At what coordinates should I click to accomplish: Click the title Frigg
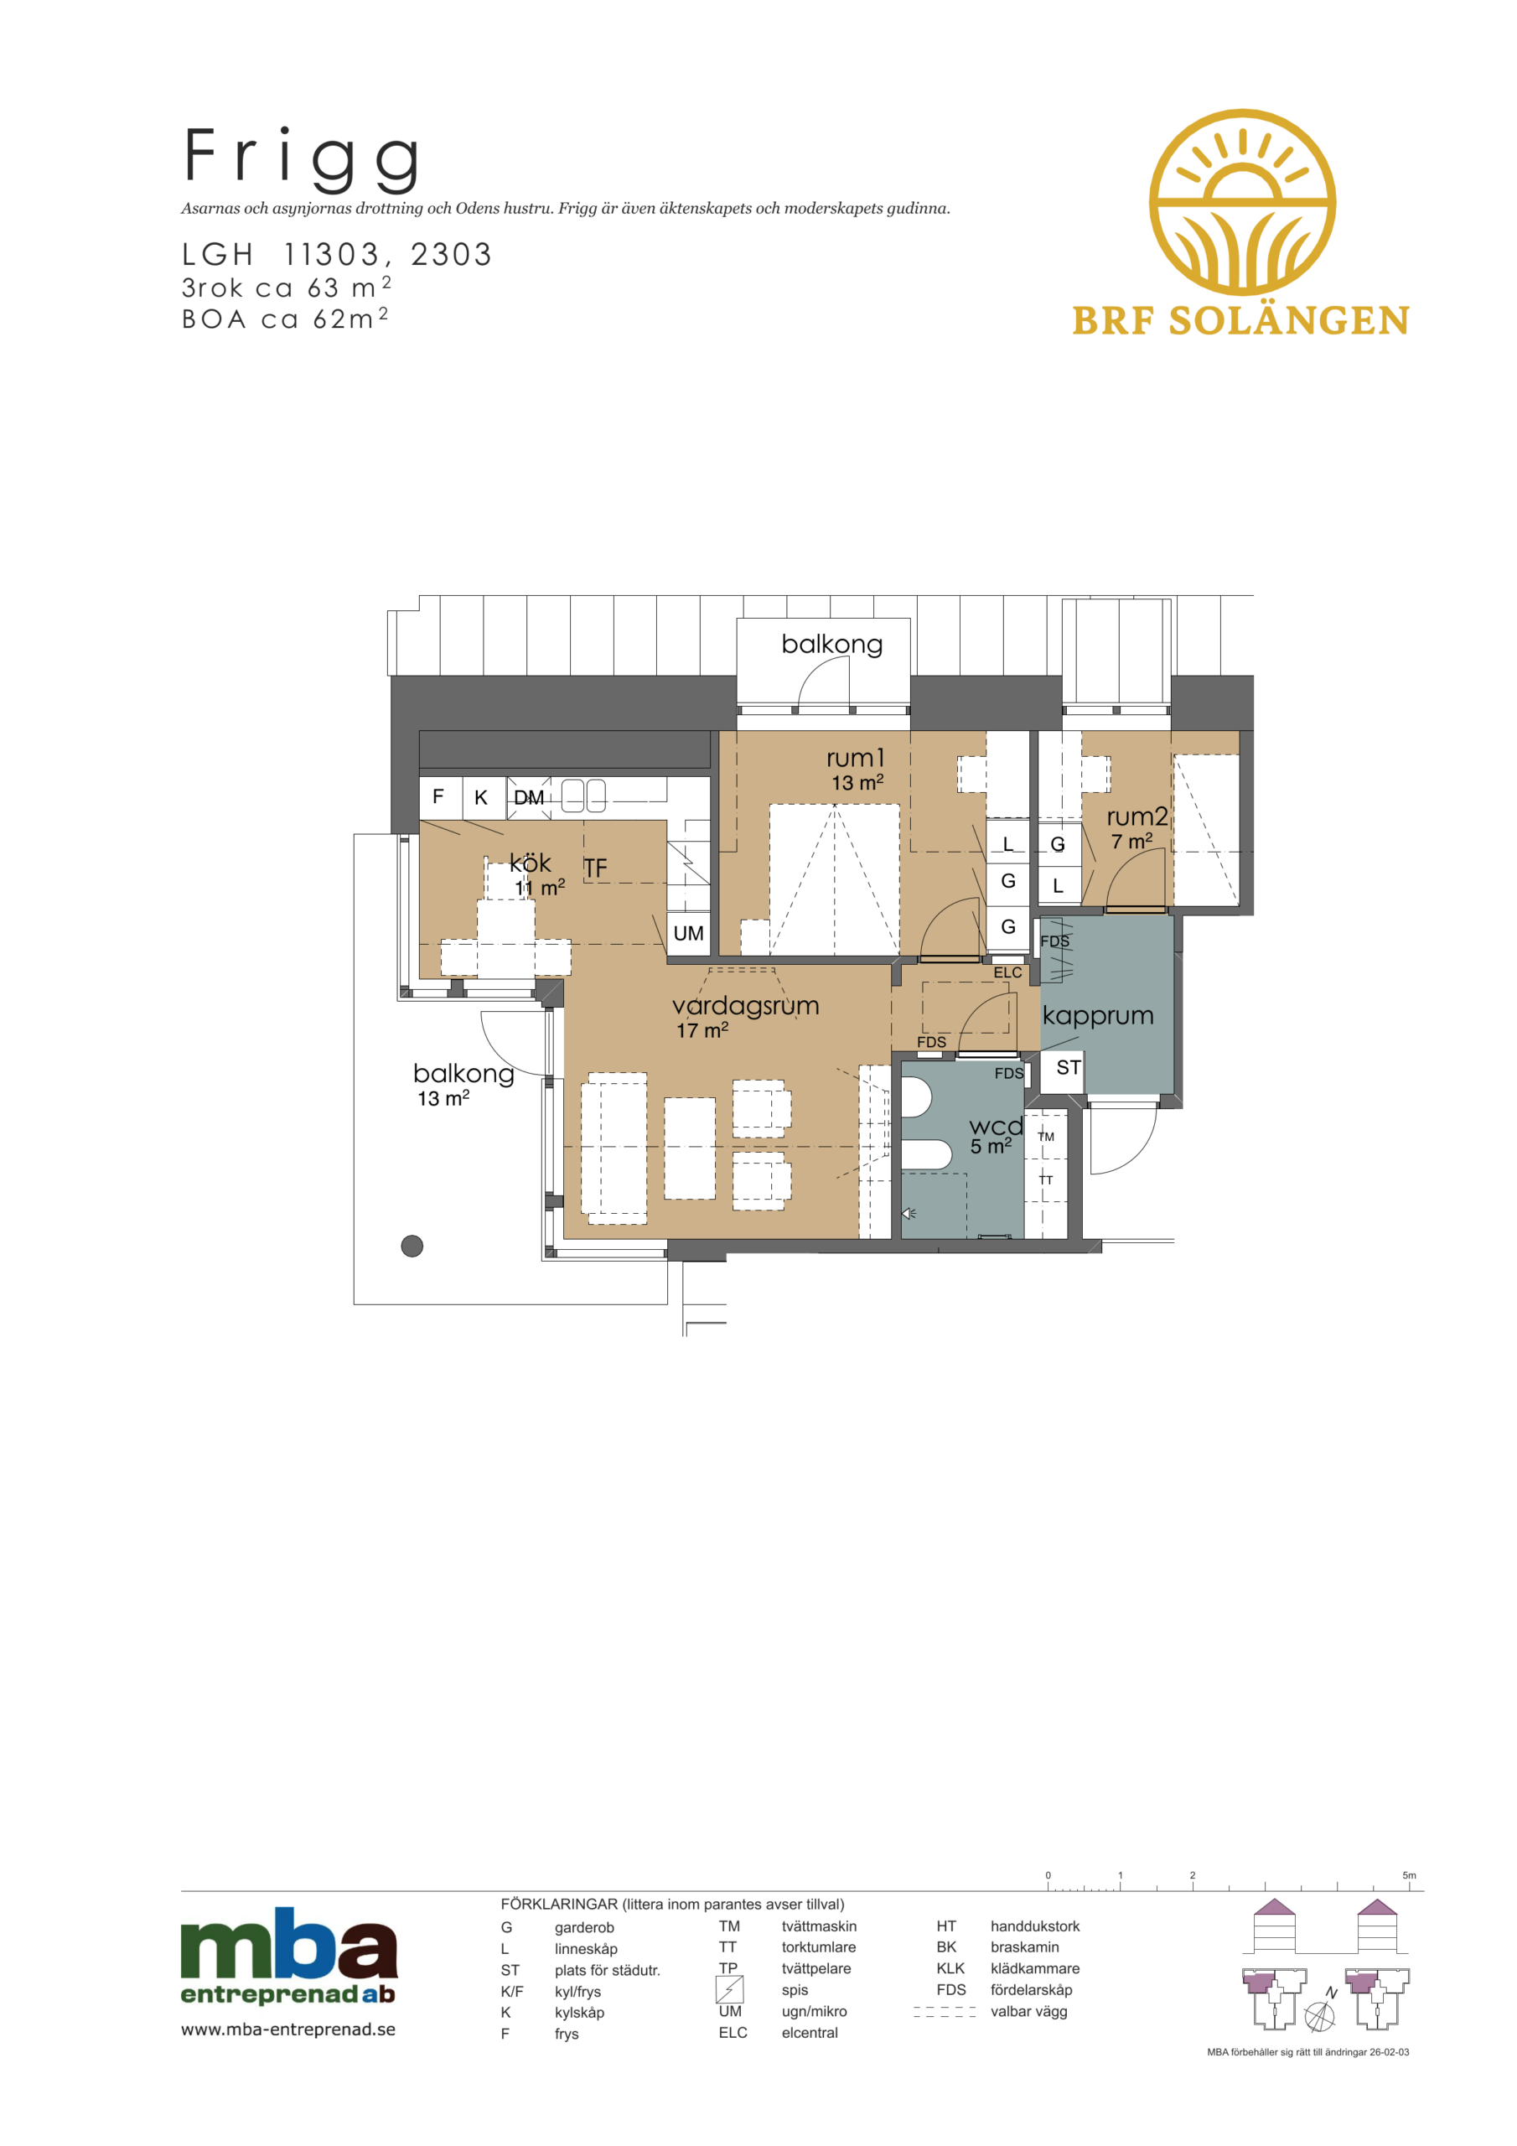tap(301, 160)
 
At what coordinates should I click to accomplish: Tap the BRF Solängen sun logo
tap(1241, 202)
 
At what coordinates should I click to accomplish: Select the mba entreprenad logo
tap(289, 1957)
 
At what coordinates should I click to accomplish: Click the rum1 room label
tap(855, 757)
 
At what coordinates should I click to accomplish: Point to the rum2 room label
tap(1136, 816)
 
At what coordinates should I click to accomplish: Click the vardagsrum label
tap(745, 1006)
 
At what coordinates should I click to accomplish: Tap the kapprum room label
tap(1097, 1016)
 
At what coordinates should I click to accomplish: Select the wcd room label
tap(996, 1127)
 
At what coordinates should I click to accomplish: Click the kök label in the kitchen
tap(530, 863)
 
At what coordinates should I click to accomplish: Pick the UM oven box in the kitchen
tap(688, 933)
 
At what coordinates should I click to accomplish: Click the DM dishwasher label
tap(529, 797)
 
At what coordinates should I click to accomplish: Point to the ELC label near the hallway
tap(1007, 972)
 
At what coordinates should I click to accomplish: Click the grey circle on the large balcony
tap(412, 1246)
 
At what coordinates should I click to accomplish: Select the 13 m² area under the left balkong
tap(443, 1097)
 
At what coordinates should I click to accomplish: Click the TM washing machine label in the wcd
tap(1046, 1137)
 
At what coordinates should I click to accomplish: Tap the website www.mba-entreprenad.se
tap(287, 2029)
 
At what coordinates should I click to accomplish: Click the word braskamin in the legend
tap(1024, 1947)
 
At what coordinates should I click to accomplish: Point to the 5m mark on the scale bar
tap(1410, 1875)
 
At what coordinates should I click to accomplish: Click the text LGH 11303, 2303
tap(336, 254)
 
